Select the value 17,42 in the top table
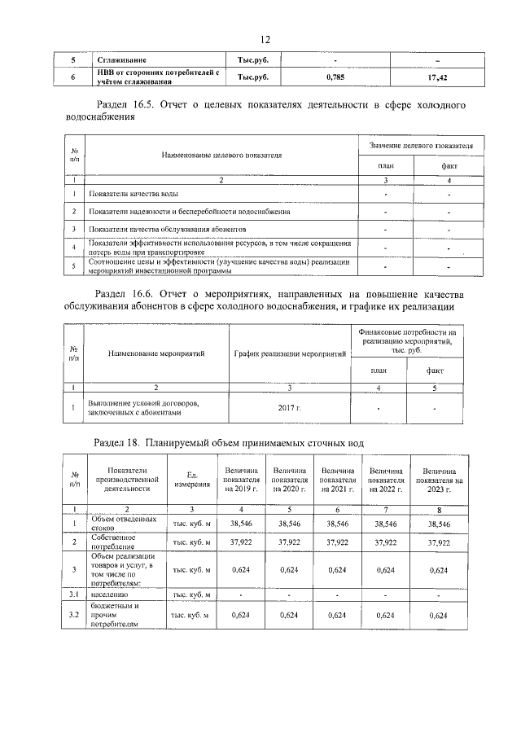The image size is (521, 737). (438, 77)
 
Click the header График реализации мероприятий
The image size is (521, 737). (290, 353)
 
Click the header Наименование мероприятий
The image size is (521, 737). (156, 353)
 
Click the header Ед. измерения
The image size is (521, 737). (192, 480)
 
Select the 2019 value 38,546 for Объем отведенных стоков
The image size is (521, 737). (242, 524)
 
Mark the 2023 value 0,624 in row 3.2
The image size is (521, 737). (439, 616)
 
